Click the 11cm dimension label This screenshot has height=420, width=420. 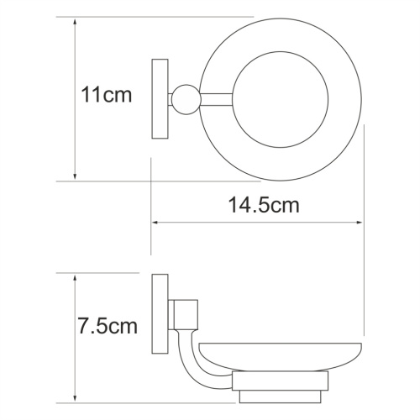pyautogui.click(x=107, y=95)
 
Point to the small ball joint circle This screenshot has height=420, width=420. pyautogui.click(x=184, y=97)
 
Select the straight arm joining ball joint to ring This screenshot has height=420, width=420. pyautogui.click(x=214, y=97)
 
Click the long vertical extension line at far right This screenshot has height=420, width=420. pyautogui.click(x=363, y=252)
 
